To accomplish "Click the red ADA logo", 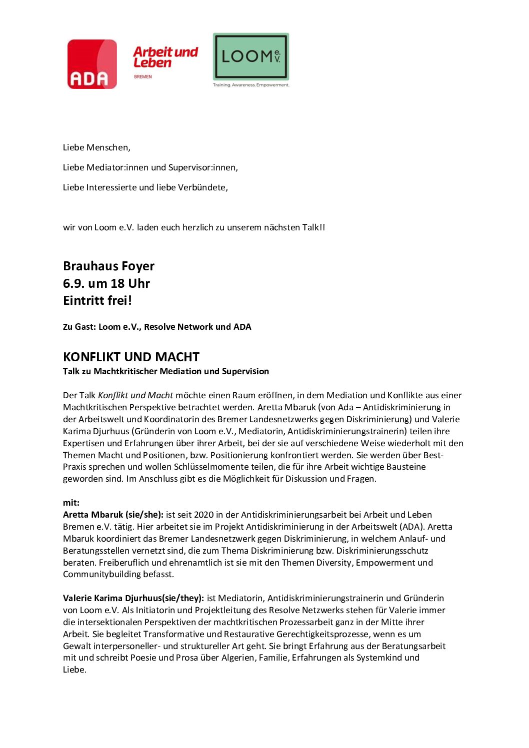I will pos(92,64).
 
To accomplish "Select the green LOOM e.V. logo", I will pos(251,56).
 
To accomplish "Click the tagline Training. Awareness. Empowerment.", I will pos(251,85).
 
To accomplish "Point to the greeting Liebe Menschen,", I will pos(96,147).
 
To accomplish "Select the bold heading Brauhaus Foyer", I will pos(108,266).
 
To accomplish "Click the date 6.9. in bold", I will pos(73,283).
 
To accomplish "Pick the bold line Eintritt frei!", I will pos(97,301).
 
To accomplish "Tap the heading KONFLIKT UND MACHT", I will pos(131,357).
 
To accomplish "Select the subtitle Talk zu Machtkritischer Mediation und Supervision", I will pos(165,371).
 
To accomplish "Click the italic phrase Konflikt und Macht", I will pos(135,395).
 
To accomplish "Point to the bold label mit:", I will pos(71,503).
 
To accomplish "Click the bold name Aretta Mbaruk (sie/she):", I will pos(113,515).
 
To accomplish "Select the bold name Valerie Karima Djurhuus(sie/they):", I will pos(133,598).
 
